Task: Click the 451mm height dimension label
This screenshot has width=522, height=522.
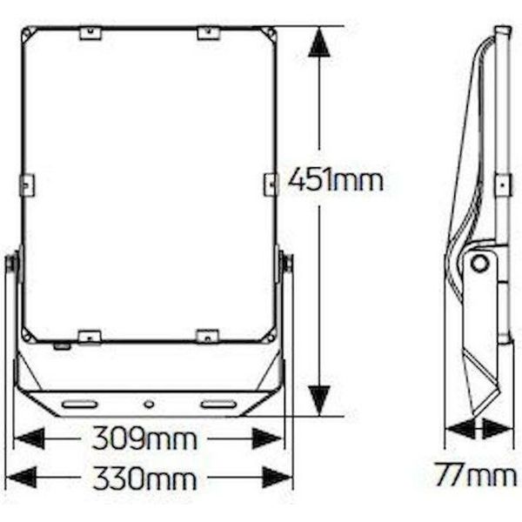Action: [336, 180]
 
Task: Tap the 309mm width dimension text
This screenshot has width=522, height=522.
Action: [144, 438]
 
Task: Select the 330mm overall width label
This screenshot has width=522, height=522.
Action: [144, 478]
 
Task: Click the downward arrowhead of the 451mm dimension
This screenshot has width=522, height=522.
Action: [319, 401]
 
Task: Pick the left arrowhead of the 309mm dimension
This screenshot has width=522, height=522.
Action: [30, 438]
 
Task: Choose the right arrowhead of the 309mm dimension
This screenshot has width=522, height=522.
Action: [267, 438]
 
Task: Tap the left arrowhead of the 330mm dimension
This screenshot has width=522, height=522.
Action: [21, 478]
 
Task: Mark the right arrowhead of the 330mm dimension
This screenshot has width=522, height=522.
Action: [278, 478]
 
